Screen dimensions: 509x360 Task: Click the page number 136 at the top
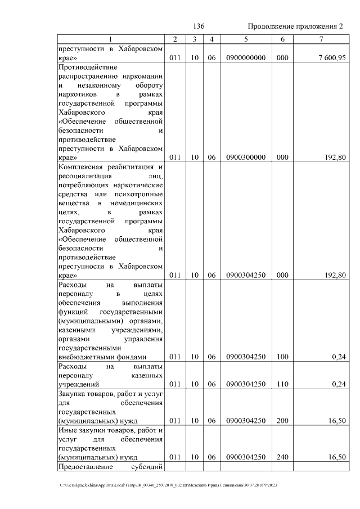point(198,26)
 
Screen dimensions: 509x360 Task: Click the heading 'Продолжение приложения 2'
point(295,26)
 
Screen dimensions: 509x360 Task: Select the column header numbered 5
point(246,39)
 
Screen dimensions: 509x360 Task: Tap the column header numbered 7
point(321,39)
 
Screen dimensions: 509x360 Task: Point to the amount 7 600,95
point(330,58)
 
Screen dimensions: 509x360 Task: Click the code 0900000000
point(246,58)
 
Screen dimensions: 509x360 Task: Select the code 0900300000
point(246,158)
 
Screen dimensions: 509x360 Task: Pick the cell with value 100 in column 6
point(282,357)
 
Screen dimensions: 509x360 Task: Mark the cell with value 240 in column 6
point(282,457)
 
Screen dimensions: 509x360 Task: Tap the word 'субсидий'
point(147,466)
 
